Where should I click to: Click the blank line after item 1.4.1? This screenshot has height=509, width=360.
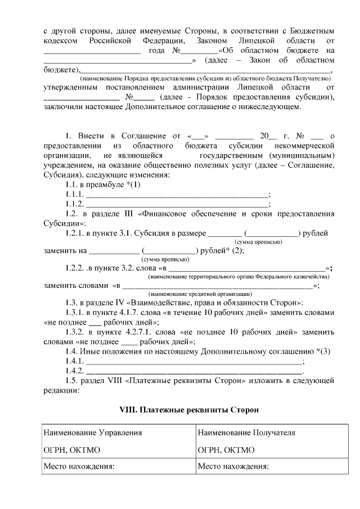coord(194,361)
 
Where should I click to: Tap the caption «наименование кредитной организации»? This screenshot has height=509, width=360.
coord(200,294)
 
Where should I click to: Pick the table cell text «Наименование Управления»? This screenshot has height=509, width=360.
coord(93,433)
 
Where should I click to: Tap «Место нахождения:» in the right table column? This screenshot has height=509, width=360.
coord(233,466)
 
